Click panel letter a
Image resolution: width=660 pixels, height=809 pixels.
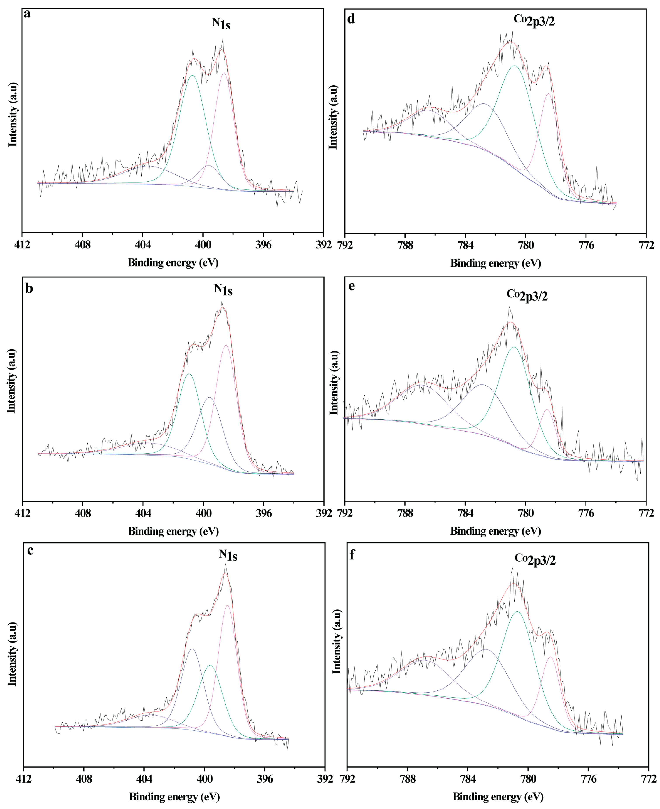tap(27, 14)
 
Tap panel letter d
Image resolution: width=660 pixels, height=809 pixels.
tap(351, 19)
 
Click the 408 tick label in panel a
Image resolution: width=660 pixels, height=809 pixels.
tap(83, 245)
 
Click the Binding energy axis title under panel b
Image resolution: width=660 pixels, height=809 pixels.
tap(173, 531)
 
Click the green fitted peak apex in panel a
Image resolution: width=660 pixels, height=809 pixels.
tap(192, 75)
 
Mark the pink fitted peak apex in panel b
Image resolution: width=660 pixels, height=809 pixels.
tap(226, 345)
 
